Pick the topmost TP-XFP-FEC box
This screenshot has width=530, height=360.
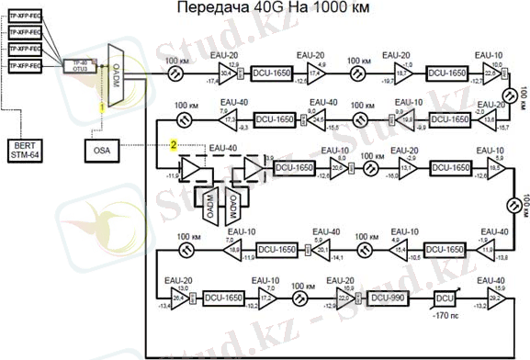(24, 17)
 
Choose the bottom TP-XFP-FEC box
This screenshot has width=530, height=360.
(24, 67)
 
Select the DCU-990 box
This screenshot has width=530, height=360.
(389, 298)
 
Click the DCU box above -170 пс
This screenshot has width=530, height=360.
(445, 298)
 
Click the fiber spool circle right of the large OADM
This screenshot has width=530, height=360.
(171, 67)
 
